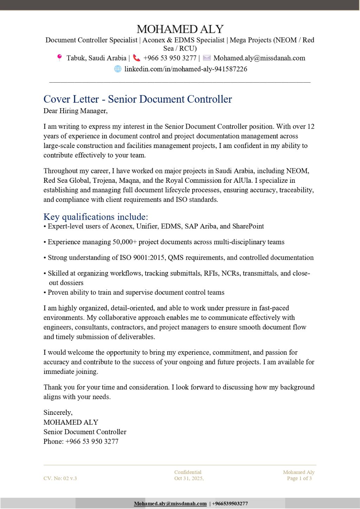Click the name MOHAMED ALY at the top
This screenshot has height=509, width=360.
(180, 29)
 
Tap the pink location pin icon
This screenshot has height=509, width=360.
(59, 58)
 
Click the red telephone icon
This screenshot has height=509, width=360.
(136, 58)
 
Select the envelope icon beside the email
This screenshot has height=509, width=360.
(207, 58)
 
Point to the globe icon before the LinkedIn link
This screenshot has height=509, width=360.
(118, 69)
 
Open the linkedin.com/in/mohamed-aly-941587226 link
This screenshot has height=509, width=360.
(186, 69)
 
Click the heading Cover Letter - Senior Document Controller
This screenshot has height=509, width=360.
(137, 99)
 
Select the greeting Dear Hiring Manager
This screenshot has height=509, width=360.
(75, 111)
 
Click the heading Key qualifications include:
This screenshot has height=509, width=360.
(96, 217)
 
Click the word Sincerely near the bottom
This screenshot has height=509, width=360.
(58, 412)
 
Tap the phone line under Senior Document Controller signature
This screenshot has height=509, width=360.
(81, 441)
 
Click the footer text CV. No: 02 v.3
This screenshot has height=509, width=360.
(60, 478)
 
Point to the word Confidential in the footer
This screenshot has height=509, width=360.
(188, 472)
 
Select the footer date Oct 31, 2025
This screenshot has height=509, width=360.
(189, 478)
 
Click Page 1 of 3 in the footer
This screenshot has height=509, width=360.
(299, 478)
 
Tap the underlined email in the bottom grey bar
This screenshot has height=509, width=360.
(170, 503)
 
